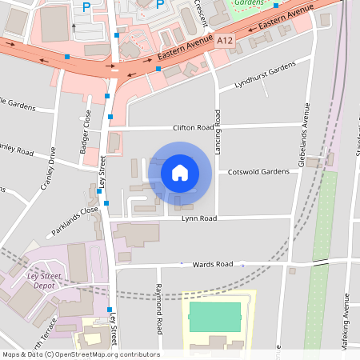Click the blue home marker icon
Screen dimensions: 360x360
[180, 172]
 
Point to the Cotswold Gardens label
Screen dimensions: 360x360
[258, 172]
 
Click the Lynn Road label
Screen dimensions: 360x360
[199, 218]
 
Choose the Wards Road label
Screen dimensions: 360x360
[212, 263]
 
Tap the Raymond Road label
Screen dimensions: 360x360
[159, 308]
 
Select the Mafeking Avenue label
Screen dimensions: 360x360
[346, 312]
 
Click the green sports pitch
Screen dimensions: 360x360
[214, 317]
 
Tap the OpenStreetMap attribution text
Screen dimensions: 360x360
[81, 354]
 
